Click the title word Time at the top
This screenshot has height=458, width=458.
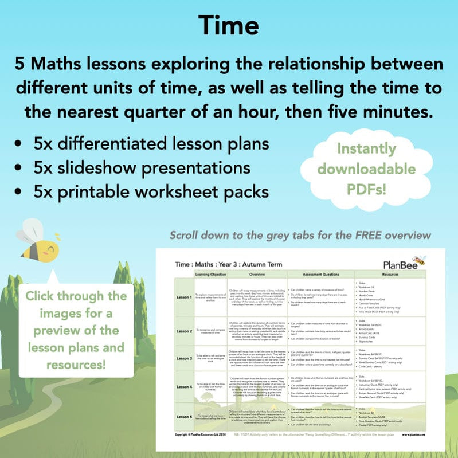tap(229, 25)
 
